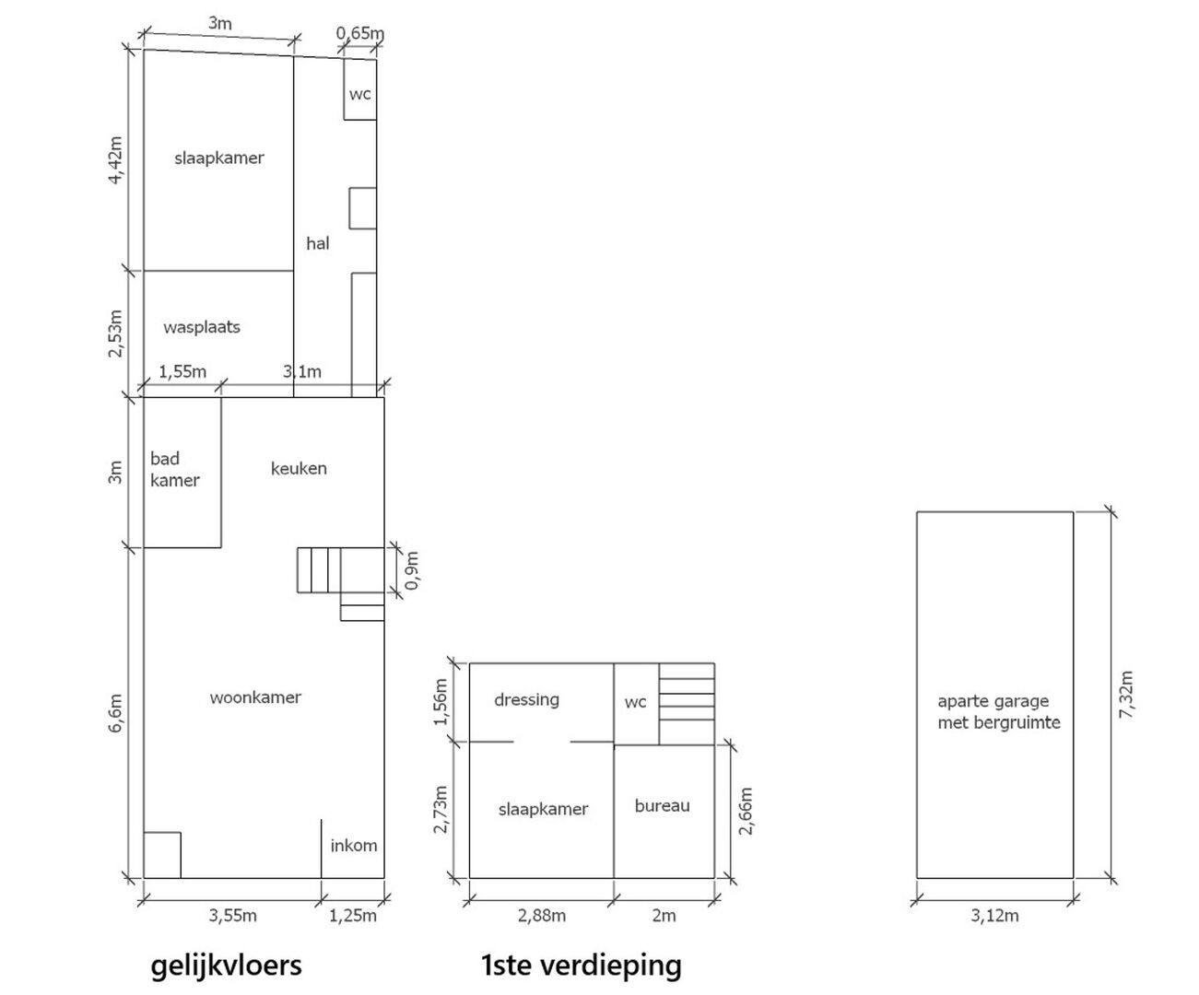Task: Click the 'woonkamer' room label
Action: pyautogui.click(x=255, y=697)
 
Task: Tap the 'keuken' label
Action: pyautogui.click(x=299, y=469)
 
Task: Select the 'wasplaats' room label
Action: pyautogui.click(x=202, y=327)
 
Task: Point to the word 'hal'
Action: pyautogui.click(x=318, y=243)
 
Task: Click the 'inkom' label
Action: pyautogui.click(x=354, y=845)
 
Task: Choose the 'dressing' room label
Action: pyautogui.click(x=526, y=700)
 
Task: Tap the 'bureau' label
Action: pyautogui.click(x=662, y=805)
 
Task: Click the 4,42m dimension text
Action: pyautogui.click(x=115, y=160)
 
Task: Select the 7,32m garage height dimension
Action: pyautogui.click(x=1126, y=695)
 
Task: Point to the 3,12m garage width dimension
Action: pyautogui.click(x=994, y=915)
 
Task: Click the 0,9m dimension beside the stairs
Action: pyautogui.click(x=412, y=570)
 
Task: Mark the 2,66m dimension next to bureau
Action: pyautogui.click(x=746, y=811)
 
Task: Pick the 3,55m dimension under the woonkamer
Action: pyautogui.click(x=232, y=915)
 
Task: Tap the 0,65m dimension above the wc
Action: pyautogui.click(x=360, y=33)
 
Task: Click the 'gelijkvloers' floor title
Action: pyautogui.click(x=226, y=966)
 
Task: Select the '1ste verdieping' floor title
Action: pyautogui.click(x=582, y=966)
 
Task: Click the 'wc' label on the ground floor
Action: pyautogui.click(x=360, y=94)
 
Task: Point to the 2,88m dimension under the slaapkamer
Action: pyautogui.click(x=542, y=915)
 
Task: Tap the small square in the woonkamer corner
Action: pyautogui.click(x=162, y=854)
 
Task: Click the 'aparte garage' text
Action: pyautogui.click(x=993, y=702)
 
